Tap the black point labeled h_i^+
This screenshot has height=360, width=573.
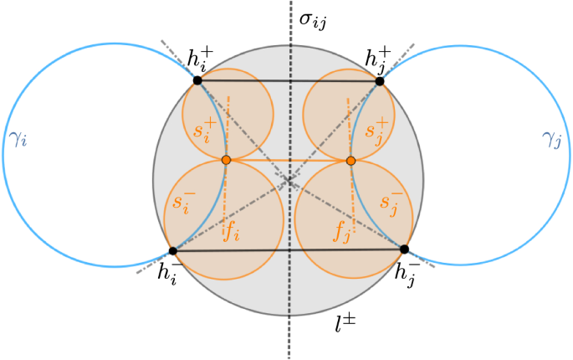point(197,80)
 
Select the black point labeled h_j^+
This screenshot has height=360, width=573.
point(380,81)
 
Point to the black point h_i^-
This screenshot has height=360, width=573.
point(173,250)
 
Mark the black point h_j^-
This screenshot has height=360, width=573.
point(404,249)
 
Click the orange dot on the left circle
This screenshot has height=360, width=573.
point(226,159)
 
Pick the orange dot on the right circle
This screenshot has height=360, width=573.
point(350,160)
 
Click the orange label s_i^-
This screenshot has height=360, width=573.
point(184,201)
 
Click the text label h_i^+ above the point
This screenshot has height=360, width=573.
point(200,59)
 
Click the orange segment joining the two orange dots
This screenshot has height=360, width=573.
point(289,159)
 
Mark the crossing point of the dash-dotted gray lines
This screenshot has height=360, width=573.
point(289,180)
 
